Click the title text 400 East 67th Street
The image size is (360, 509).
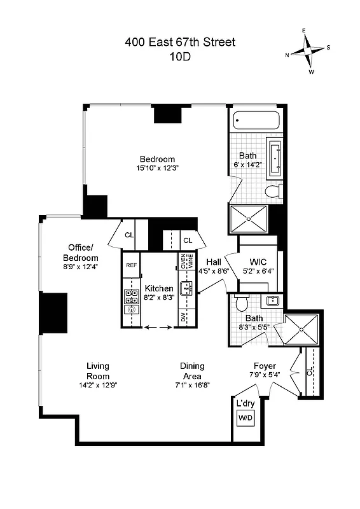[180, 43]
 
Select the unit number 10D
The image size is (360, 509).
[180, 56]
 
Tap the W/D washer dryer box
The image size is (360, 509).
[245, 418]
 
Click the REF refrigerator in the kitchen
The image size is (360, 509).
[132, 265]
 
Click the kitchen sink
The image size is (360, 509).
[186, 289]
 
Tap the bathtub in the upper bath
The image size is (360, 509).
[254, 121]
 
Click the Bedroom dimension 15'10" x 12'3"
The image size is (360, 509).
[157, 169]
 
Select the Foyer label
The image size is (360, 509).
[265, 366]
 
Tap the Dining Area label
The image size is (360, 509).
[192, 370]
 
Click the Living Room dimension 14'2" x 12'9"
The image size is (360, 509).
[98, 385]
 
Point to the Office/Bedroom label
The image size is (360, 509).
[80, 252]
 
